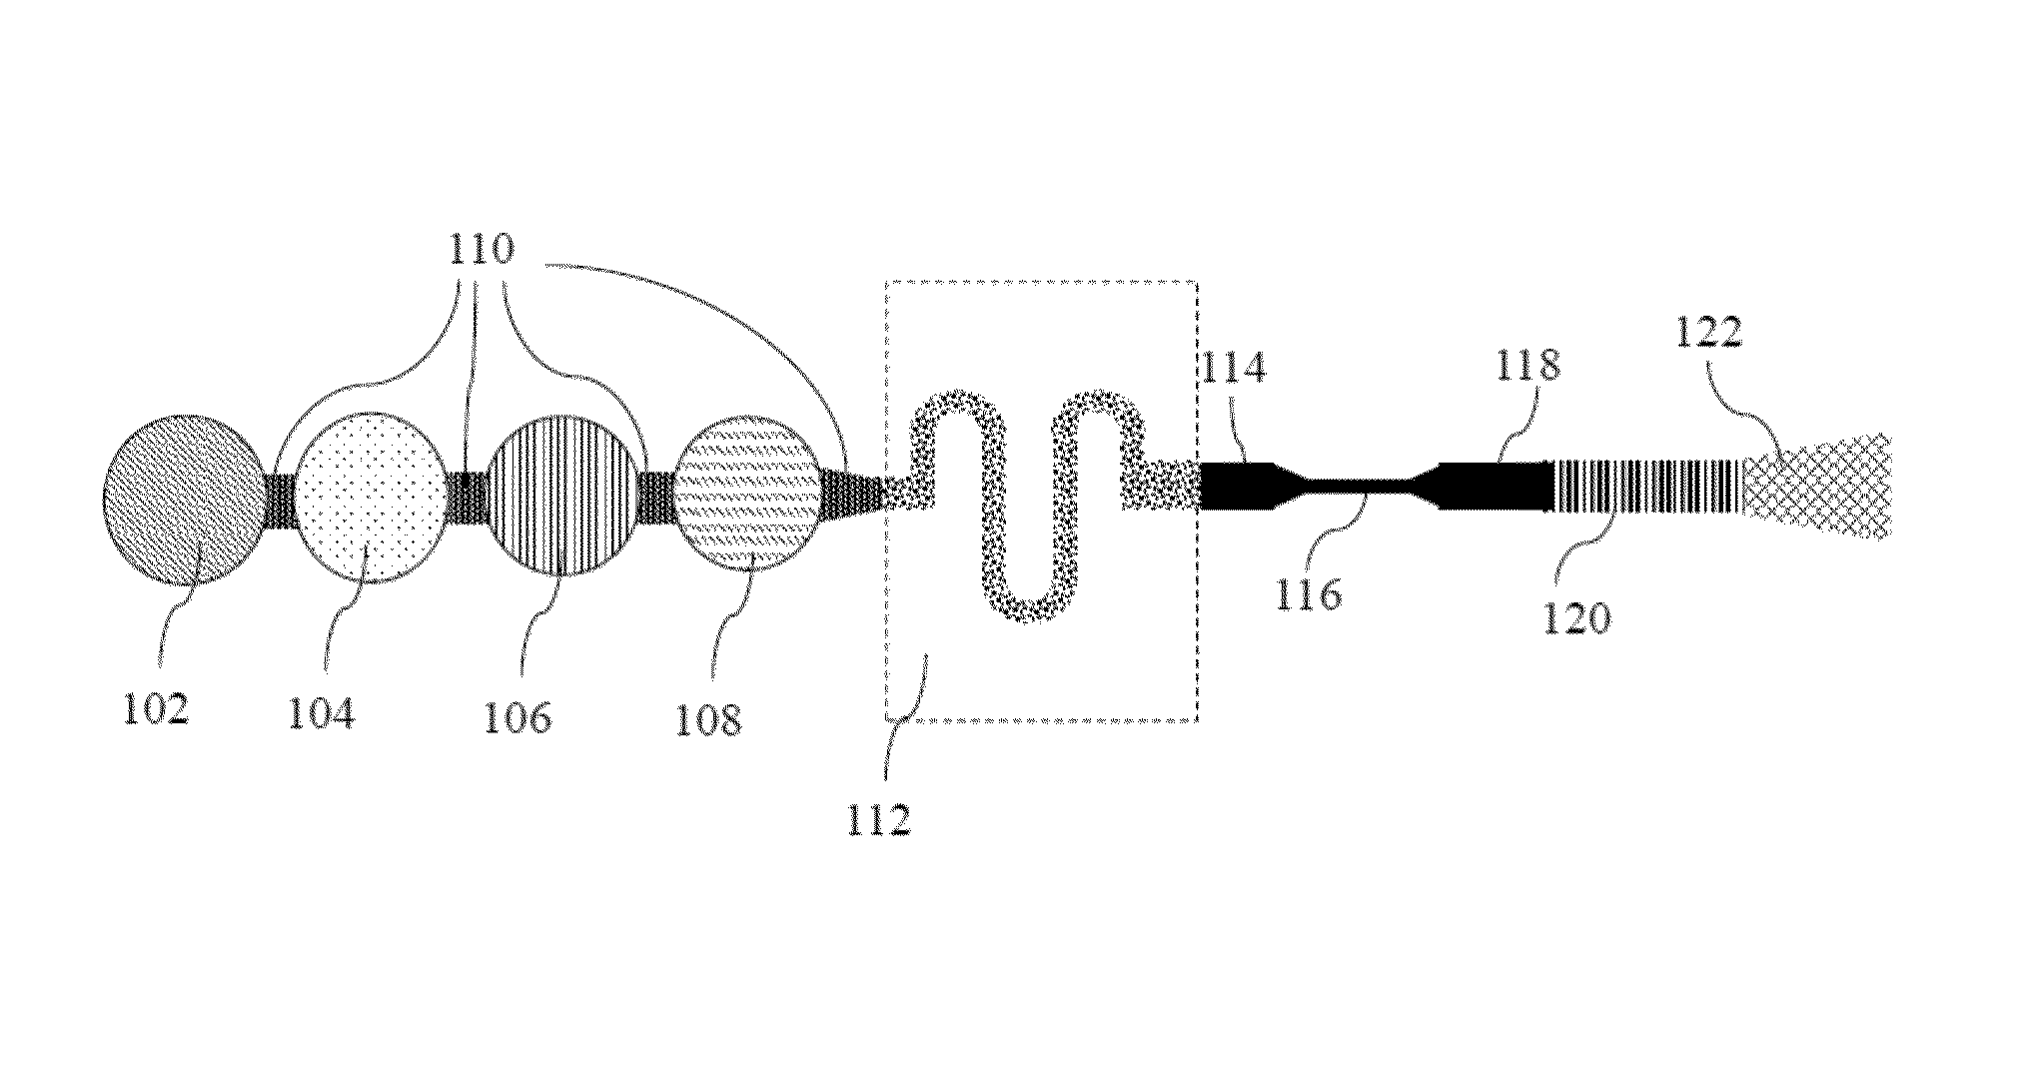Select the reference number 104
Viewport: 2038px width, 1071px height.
pos(322,713)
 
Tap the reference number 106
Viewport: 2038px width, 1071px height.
pos(517,715)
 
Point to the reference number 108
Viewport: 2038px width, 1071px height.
pos(708,718)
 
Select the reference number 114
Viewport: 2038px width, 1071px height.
pos(1235,368)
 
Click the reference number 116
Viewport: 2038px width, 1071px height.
pos(1309,594)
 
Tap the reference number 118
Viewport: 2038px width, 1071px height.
pos(1528,366)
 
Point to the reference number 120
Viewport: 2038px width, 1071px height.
pos(1579,618)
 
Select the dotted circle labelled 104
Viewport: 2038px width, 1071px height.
pos(371,497)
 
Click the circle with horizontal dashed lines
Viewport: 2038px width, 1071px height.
pos(748,497)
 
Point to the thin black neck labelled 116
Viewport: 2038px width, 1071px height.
pos(1356,487)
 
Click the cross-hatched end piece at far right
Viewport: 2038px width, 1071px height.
pos(1818,487)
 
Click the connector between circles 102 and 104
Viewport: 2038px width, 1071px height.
pos(280,499)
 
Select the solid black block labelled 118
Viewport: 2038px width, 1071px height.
pos(1499,487)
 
